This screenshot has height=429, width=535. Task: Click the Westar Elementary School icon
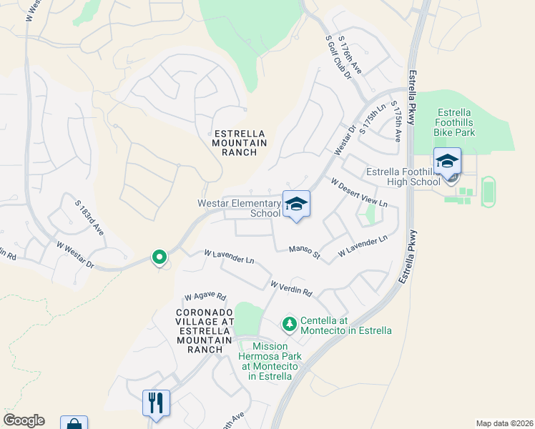click(x=296, y=204)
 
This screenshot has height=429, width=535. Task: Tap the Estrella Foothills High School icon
click(x=447, y=162)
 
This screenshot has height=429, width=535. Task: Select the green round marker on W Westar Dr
click(x=159, y=257)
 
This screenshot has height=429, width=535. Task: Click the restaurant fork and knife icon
click(x=155, y=403)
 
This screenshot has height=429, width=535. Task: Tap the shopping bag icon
click(x=74, y=424)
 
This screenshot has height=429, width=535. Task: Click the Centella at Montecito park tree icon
click(x=289, y=325)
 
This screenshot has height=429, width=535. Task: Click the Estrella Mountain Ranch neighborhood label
click(x=239, y=143)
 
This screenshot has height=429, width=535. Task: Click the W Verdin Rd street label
click(x=291, y=289)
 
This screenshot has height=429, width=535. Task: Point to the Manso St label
click(x=304, y=250)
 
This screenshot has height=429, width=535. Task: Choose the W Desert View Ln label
click(x=358, y=192)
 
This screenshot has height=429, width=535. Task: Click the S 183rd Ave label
click(x=90, y=218)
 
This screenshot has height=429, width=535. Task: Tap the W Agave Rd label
click(x=205, y=295)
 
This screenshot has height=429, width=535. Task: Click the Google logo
click(x=24, y=420)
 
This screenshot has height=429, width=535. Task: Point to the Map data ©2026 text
click(x=504, y=423)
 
